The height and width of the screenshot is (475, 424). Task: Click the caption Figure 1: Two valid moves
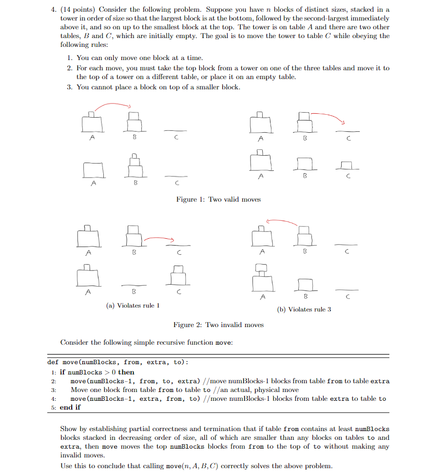click(218, 199)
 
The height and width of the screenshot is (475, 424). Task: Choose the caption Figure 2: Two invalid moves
click(218, 325)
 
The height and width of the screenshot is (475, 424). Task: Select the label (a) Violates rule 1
click(133, 306)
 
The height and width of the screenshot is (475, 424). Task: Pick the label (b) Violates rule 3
click(304, 310)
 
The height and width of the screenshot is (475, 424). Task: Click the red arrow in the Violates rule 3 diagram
click(282, 222)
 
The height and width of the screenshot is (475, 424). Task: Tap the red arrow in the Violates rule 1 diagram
click(158, 238)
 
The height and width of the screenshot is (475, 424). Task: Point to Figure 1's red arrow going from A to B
click(113, 105)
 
